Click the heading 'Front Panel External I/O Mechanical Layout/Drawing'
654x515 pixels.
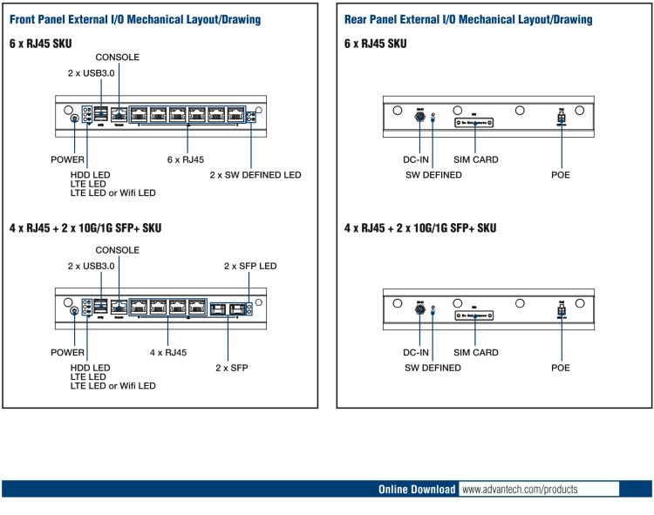click(x=135, y=19)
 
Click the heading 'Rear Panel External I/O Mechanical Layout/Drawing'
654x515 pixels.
click(x=468, y=19)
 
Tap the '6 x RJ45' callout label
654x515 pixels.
click(x=186, y=160)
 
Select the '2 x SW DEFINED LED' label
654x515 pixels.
click(x=255, y=175)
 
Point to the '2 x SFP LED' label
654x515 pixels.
click(x=250, y=266)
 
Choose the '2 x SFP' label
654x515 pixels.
click(x=232, y=368)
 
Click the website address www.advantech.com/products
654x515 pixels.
click(x=520, y=490)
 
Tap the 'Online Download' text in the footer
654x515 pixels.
click(x=417, y=490)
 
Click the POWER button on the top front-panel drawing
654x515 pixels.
click(x=74, y=119)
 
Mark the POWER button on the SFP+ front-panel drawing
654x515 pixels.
click(x=74, y=311)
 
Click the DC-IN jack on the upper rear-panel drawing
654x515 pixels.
click(x=419, y=114)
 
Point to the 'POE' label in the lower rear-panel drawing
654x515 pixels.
click(x=560, y=368)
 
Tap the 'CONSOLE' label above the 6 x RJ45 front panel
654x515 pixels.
click(x=118, y=58)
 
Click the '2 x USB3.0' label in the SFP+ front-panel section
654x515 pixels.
click(x=92, y=266)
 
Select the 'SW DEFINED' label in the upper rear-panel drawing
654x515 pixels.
click(x=433, y=175)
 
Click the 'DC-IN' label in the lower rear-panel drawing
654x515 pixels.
click(x=416, y=353)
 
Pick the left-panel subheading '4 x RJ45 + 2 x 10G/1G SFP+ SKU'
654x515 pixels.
click(x=85, y=227)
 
